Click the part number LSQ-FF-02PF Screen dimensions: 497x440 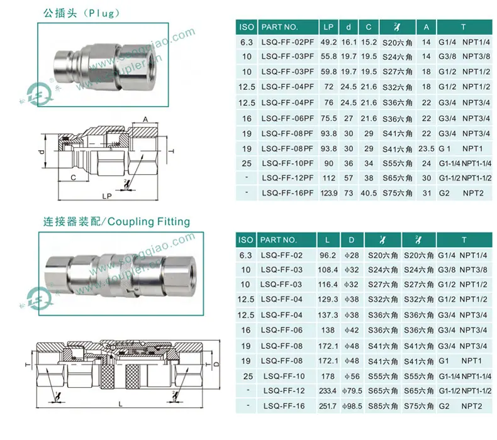[288, 42]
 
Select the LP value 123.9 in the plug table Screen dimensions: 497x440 [328, 193]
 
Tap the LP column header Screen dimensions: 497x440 [328, 27]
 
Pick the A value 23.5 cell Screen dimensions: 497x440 [427, 148]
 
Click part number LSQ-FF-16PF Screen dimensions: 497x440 [288, 193]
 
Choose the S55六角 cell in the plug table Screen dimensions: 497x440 [398, 163]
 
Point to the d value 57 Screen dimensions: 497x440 [349, 178]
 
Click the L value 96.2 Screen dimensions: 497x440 [328, 255]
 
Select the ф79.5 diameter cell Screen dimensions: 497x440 [352, 391]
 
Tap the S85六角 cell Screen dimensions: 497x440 [383, 406]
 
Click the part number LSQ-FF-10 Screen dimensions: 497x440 [284, 376]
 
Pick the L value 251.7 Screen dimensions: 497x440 [328, 406]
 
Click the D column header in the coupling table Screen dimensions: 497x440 [352, 240]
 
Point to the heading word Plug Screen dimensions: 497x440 [101, 13]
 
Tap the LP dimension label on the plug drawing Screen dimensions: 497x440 [107, 196]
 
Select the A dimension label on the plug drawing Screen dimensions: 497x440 [145, 119]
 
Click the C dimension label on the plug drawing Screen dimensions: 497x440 [73, 177]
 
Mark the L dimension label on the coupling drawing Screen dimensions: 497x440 [120, 404]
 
